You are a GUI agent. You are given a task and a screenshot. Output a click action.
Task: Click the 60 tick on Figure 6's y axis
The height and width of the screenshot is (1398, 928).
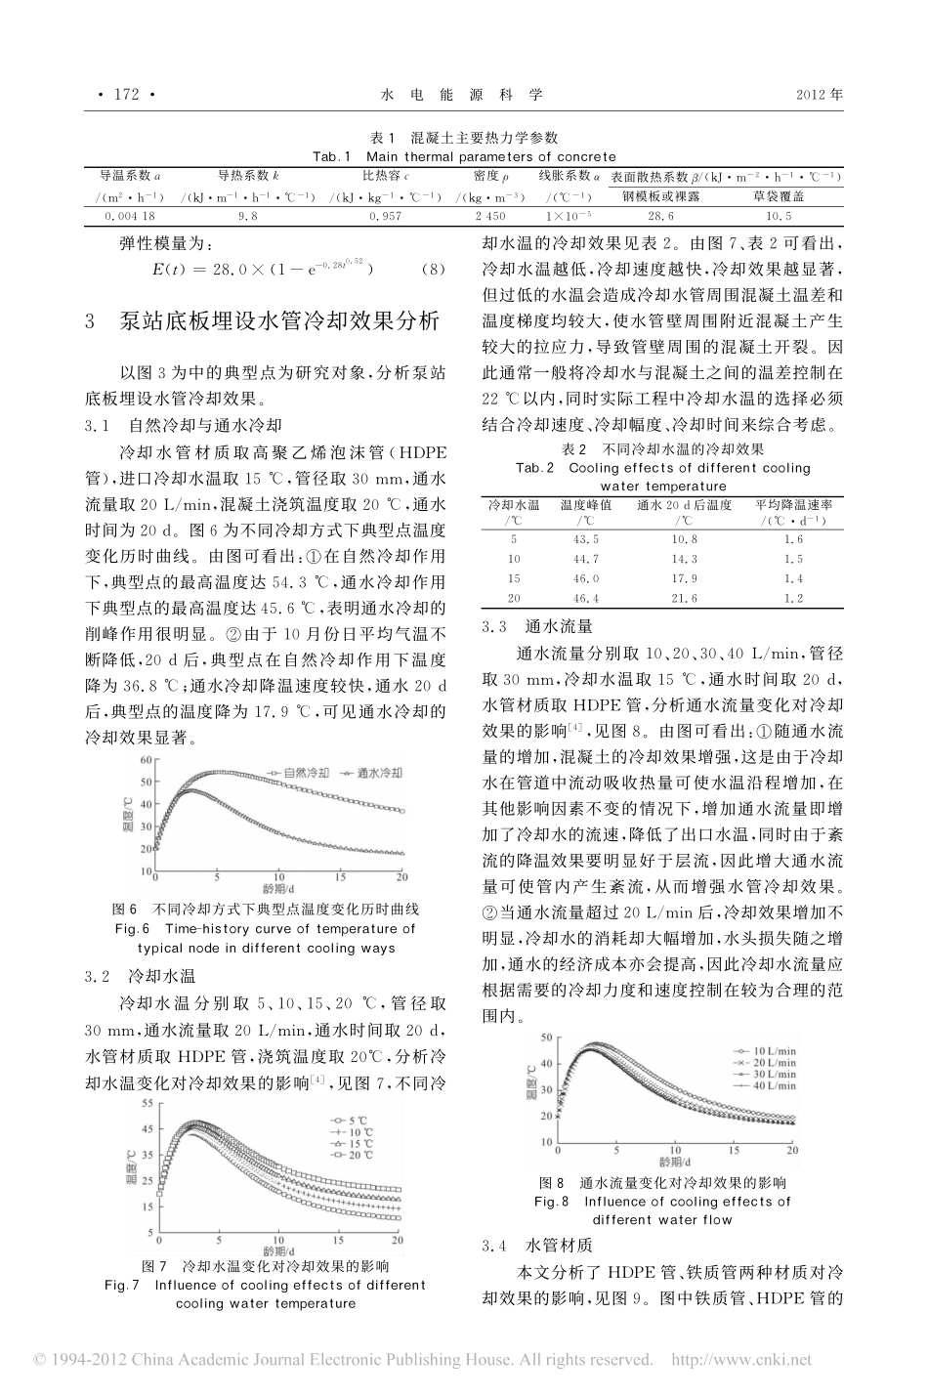click(147, 759)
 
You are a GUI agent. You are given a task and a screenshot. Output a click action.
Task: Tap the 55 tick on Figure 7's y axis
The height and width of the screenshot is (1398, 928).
click(147, 1103)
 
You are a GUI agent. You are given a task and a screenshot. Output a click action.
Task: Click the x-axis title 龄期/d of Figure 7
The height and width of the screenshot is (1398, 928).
click(284, 1250)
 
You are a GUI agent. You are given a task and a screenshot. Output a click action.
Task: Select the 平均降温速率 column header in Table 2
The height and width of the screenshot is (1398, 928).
click(792, 504)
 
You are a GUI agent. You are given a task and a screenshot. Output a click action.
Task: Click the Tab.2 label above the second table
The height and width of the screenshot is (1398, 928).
click(534, 468)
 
